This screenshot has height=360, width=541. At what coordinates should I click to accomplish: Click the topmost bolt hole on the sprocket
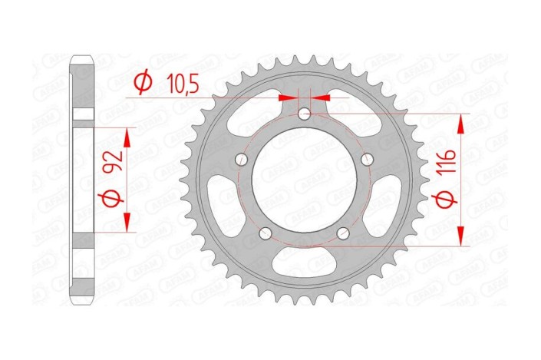(x=305, y=114)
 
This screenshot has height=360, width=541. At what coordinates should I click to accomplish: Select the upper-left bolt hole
(x=241, y=160)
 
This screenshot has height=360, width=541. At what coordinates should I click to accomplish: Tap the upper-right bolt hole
(x=368, y=160)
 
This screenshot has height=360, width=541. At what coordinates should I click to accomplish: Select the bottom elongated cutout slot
(x=305, y=259)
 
